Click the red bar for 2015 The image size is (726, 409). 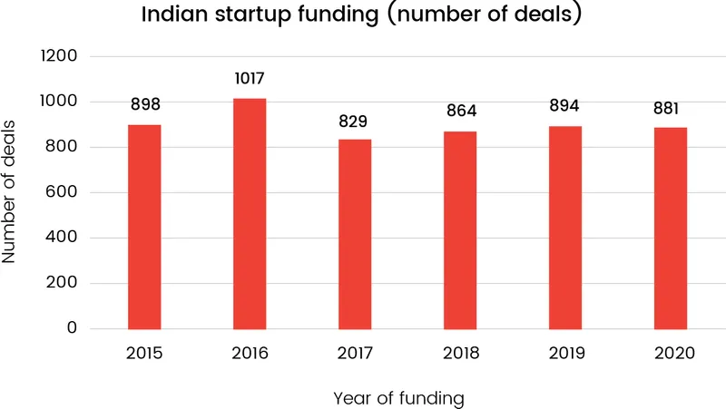[144, 227]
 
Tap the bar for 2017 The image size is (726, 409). [355, 234]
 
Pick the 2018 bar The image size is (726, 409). [460, 230]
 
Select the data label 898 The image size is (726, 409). [144, 105]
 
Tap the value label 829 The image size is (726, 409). [355, 121]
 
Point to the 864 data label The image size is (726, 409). [460, 112]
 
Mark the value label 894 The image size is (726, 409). [565, 106]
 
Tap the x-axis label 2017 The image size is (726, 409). [355, 353]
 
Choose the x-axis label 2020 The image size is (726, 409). [671, 353]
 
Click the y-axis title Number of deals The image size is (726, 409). [10, 191]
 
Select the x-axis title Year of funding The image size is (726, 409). [398, 397]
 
